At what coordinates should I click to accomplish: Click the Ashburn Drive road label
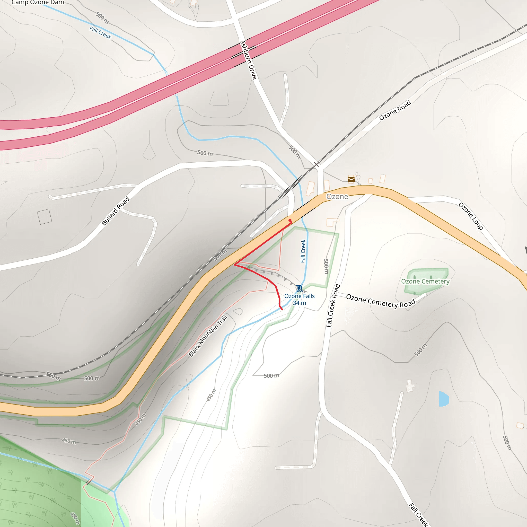point(248,60)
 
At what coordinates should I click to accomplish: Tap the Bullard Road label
point(115,211)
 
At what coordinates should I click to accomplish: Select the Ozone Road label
point(395,110)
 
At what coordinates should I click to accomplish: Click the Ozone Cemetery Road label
point(381,301)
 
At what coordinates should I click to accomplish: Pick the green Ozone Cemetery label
point(425,281)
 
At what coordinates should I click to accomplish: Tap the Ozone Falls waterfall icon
point(299,288)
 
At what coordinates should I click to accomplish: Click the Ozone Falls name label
point(299,296)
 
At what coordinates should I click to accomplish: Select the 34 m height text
point(299,303)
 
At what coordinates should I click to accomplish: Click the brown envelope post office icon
point(351,179)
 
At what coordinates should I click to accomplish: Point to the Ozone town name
point(337,196)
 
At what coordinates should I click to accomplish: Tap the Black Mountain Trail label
point(208,336)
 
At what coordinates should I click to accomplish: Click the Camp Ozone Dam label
point(38,3)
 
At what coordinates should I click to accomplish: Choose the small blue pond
point(444,399)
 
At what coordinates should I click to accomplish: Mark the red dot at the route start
point(290,220)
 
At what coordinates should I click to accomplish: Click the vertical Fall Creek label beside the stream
point(303,251)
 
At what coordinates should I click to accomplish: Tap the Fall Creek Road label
point(333,305)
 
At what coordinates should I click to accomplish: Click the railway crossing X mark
point(316,164)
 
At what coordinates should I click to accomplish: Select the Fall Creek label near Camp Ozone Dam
point(100,33)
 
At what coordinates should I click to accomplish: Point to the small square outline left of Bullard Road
point(45,217)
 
